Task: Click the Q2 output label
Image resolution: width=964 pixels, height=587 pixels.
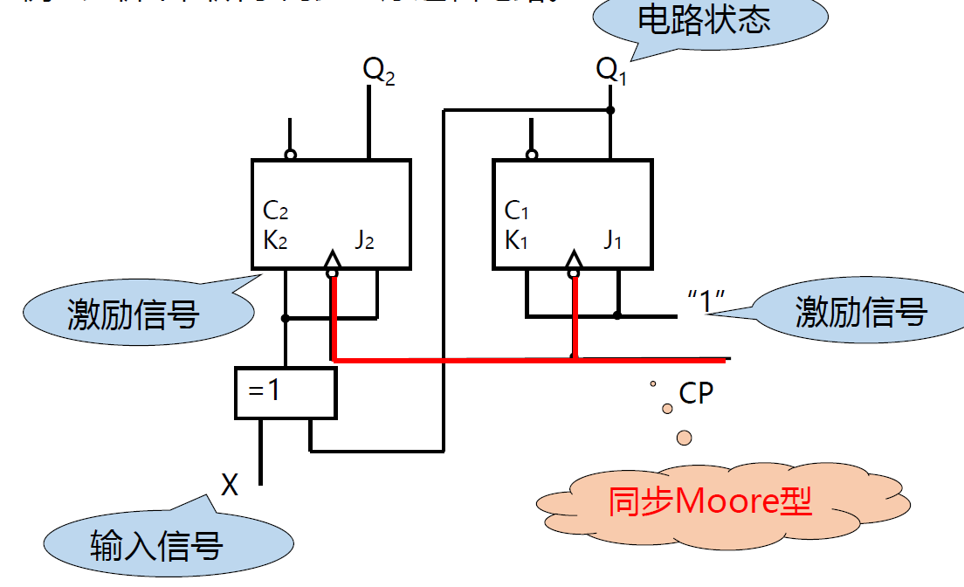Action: point(379,71)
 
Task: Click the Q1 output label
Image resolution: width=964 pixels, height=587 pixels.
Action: point(611,70)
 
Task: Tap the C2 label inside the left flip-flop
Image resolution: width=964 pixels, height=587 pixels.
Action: point(275,211)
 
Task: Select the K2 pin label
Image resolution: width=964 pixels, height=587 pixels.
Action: point(275,239)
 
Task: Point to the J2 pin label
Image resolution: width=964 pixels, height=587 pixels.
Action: point(364,239)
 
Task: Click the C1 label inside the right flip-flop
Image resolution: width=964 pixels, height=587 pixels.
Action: point(517,211)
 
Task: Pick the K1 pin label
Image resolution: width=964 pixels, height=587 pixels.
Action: point(517,239)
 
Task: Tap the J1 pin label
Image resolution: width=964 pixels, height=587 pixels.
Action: point(612,239)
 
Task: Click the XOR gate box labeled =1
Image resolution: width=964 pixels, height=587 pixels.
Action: point(286,392)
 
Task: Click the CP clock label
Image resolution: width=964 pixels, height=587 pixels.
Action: point(696,394)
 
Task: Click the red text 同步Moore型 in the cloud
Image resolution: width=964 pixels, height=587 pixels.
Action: point(710,502)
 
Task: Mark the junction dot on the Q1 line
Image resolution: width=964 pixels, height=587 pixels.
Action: point(610,110)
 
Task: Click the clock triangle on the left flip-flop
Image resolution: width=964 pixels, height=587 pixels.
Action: point(332,259)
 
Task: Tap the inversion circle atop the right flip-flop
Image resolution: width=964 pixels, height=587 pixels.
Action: point(532,155)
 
